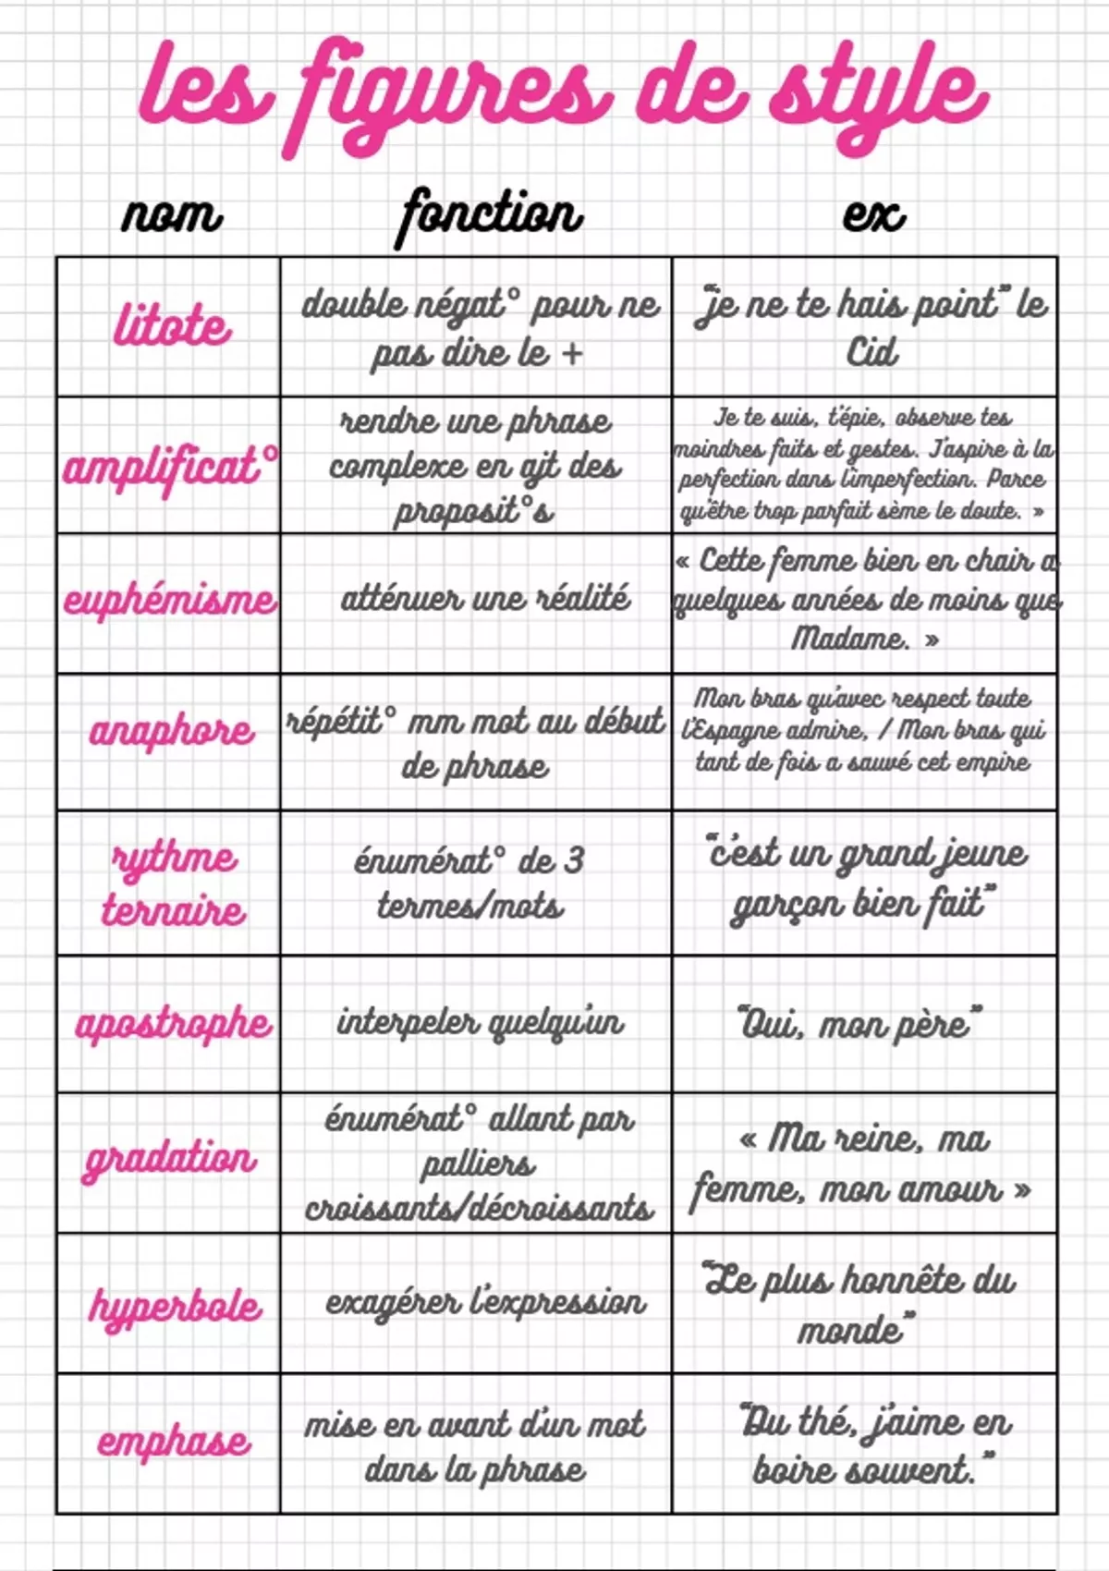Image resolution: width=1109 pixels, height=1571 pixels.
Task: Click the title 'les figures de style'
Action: [562, 97]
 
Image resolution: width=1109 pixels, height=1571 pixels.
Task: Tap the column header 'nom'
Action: [172, 215]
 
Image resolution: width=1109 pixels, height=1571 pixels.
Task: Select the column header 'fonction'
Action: [490, 215]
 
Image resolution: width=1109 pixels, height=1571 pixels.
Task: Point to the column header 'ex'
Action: [873, 215]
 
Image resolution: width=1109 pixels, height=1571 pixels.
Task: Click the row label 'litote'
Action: [172, 327]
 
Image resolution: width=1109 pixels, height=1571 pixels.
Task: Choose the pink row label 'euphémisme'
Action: [170, 601]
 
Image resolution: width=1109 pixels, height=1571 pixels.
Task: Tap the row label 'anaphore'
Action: [172, 731]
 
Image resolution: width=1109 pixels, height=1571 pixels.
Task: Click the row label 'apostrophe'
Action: [173, 1024]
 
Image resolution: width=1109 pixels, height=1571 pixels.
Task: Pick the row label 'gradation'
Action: [170, 1159]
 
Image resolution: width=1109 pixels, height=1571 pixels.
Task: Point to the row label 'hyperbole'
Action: [175, 1306]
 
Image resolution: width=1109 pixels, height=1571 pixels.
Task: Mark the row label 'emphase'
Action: [173, 1442]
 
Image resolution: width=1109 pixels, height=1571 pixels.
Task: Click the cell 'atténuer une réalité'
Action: [485, 599]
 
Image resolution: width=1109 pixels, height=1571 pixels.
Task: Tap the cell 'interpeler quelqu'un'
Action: [480, 1023]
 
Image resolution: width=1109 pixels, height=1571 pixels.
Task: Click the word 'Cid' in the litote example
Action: [871, 352]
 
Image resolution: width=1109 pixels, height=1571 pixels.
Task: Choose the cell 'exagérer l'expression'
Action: [485, 1302]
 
